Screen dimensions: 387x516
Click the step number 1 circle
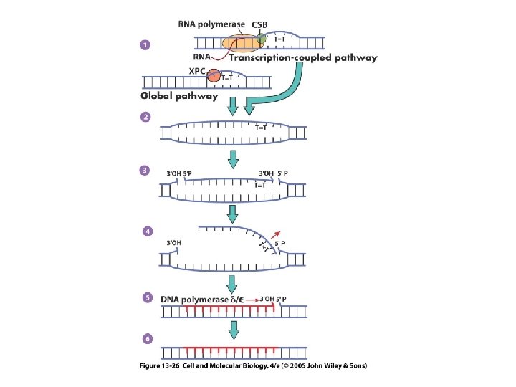[x=145, y=45]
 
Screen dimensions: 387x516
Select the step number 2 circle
[x=145, y=117]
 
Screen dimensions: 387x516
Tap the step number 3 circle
[x=145, y=171]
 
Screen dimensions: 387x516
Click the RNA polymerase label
[x=212, y=24]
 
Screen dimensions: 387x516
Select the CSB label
[x=259, y=24]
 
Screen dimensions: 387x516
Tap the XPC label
[x=198, y=71]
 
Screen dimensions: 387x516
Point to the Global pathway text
[x=179, y=95]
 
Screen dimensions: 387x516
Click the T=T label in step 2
[x=262, y=128]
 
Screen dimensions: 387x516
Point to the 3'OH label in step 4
[x=174, y=242]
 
